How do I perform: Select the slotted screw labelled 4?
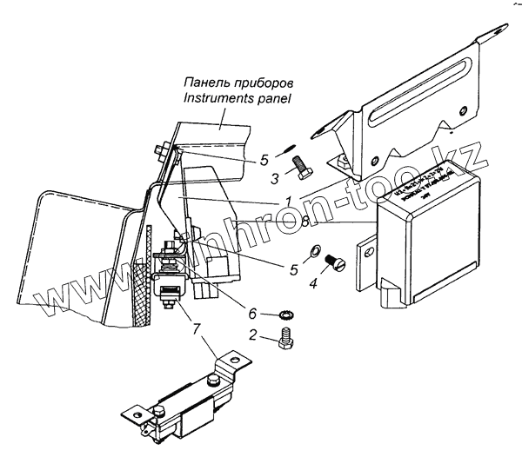coord(333,261)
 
